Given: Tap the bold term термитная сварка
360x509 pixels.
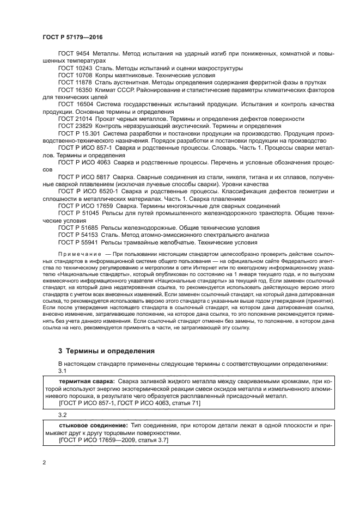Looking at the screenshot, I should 86,383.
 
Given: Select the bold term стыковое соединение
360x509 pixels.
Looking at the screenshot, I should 91,424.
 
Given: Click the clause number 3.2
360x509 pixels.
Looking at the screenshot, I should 62,414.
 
